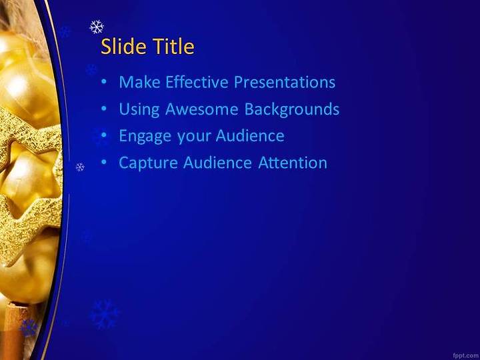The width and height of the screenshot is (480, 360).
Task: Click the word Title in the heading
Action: tap(173, 47)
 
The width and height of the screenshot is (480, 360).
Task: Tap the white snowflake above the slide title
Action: tap(97, 27)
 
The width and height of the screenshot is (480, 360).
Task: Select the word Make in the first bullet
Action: tap(139, 82)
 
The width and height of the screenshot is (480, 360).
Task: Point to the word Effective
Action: tap(197, 82)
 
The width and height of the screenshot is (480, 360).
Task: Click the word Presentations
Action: tap(285, 82)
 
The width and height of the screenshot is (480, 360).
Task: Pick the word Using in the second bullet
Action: tap(139, 109)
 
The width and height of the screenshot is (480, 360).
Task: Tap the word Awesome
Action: tap(201, 109)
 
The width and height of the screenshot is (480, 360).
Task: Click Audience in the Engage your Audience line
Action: tap(250, 135)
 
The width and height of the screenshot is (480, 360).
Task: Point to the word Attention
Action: tap(293, 163)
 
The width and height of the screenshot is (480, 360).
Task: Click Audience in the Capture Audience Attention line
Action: tap(217, 163)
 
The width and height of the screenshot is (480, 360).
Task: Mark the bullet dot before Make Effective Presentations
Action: tap(104, 82)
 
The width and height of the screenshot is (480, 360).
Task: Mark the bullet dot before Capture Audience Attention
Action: tap(104, 163)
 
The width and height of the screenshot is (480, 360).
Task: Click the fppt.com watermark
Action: tap(466, 356)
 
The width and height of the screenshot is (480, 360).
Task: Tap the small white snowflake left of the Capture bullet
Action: tap(80, 167)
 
